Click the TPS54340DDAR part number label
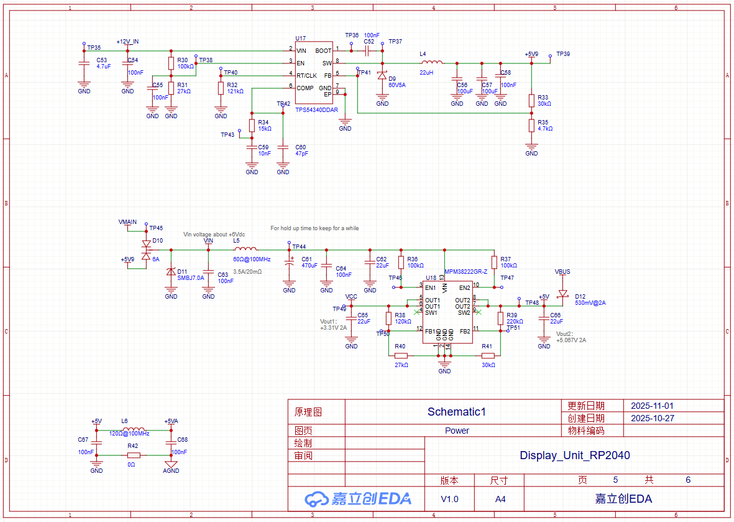[x=316, y=110]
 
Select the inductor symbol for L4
[x=432, y=62]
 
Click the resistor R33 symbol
[x=531, y=100]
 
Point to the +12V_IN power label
[x=127, y=42]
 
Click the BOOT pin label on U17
[x=323, y=50]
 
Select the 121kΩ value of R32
[x=235, y=91]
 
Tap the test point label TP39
[x=563, y=54]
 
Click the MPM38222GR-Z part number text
[x=466, y=272]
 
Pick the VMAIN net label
[x=127, y=222]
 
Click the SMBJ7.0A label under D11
[x=190, y=278]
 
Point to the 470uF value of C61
[x=310, y=266]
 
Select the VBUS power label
[x=562, y=272]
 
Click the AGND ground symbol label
[x=171, y=471]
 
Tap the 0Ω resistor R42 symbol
[x=133, y=455]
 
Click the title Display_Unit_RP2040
[x=574, y=455]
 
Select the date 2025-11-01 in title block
[x=652, y=405]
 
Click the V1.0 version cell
[x=449, y=499]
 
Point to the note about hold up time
[x=314, y=228]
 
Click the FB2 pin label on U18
[x=465, y=332]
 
